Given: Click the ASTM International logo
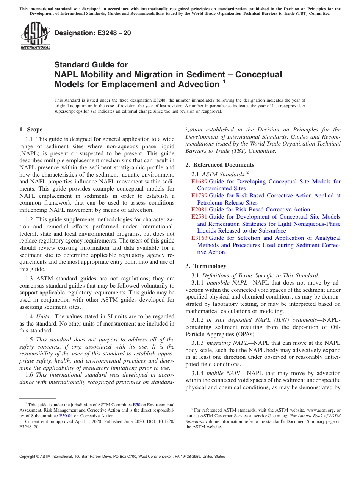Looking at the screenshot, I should tap(35, 36).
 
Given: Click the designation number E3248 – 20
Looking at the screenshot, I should tap(93, 33).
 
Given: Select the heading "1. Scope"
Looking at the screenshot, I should tap(31, 130).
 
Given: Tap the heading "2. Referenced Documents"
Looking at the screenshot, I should tap(220, 165).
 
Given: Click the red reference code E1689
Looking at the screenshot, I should tap(199, 182).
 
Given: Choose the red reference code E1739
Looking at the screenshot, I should tap(199, 196).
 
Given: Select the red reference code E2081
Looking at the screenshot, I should tap(199, 210).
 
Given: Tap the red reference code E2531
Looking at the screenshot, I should tap(199, 217).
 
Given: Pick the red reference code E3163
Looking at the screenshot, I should tap(199, 238).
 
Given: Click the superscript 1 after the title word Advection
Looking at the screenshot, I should tap(224, 81).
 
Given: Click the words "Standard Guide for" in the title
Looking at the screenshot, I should tap(91, 65).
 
